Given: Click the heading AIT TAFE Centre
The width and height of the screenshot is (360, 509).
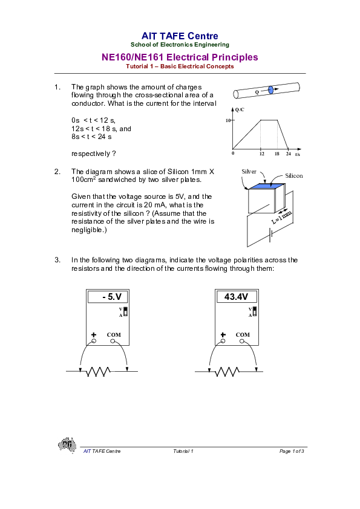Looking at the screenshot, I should (x=180, y=36).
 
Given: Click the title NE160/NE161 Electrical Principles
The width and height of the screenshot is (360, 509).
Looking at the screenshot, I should (x=180, y=57).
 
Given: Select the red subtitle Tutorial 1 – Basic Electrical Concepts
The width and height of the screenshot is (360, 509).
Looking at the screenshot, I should (x=180, y=66).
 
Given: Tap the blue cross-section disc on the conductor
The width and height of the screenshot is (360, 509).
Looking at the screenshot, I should (x=270, y=91).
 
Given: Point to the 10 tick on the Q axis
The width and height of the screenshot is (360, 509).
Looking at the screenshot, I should (x=229, y=120).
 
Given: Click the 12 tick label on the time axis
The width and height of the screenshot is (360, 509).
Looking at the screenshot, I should (x=261, y=154).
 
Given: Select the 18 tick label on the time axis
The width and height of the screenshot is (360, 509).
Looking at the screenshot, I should (x=277, y=154).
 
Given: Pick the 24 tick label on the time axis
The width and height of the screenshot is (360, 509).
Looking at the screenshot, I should (x=289, y=154).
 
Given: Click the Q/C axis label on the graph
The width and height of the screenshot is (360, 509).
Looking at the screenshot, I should (x=240, y=109).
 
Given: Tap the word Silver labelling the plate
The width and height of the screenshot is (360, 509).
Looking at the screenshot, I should (x=249, y=172).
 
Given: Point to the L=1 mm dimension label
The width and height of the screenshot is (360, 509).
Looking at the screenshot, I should (x=282, y=218).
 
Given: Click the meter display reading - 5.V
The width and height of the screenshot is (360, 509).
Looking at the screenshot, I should (x=112, y=297).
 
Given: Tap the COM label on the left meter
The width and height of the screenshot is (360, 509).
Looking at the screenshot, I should (x=114, y=334).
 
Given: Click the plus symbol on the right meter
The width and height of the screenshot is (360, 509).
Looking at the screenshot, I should (x=223, y=334).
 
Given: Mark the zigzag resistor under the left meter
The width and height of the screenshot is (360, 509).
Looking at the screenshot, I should (x=97, y=371).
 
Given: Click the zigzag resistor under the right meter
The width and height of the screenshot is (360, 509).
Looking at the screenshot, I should (x=226, y=371).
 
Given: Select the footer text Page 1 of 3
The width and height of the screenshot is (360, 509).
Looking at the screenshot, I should (x=292, y=452).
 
